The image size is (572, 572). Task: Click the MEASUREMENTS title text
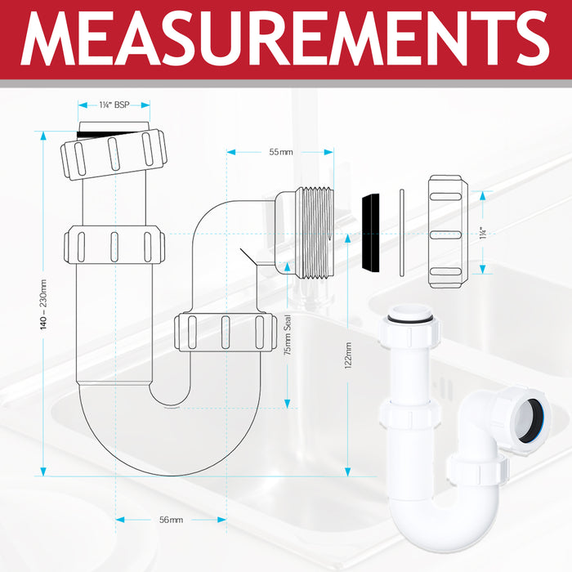click(x=286, y=38)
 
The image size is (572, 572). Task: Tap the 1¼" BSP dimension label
click(x=114, y=105)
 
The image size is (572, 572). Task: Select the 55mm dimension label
click(x=280, y=152)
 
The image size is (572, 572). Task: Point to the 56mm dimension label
click(x=171, y=520)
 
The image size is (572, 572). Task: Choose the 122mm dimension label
click(x=347, y=356)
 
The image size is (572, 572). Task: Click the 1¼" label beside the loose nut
click(x=484, y=233)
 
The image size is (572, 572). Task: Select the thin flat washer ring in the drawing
click(x=400, y=233)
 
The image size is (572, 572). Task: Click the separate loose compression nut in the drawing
click(x=447, y=232)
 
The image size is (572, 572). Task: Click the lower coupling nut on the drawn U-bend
click(x=223, y=332)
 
